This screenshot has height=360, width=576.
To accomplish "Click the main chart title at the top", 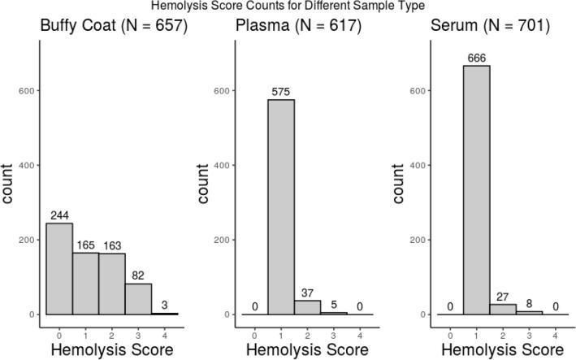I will [288, 7].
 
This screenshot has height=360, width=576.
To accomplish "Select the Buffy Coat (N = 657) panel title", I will [114, 26].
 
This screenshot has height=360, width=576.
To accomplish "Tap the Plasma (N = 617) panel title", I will [295, 26].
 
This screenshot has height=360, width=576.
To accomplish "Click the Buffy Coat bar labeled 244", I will [59, 268].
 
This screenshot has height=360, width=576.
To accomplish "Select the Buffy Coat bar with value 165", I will [85, 284].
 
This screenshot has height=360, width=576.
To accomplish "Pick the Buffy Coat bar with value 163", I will [112, 284].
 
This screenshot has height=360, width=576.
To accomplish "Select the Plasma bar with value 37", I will [307, 307].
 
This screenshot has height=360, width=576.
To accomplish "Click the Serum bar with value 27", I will [503, 310].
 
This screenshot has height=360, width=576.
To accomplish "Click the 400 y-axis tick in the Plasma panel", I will [221, 165].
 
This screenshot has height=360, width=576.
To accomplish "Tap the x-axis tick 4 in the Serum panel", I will [556, 334].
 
